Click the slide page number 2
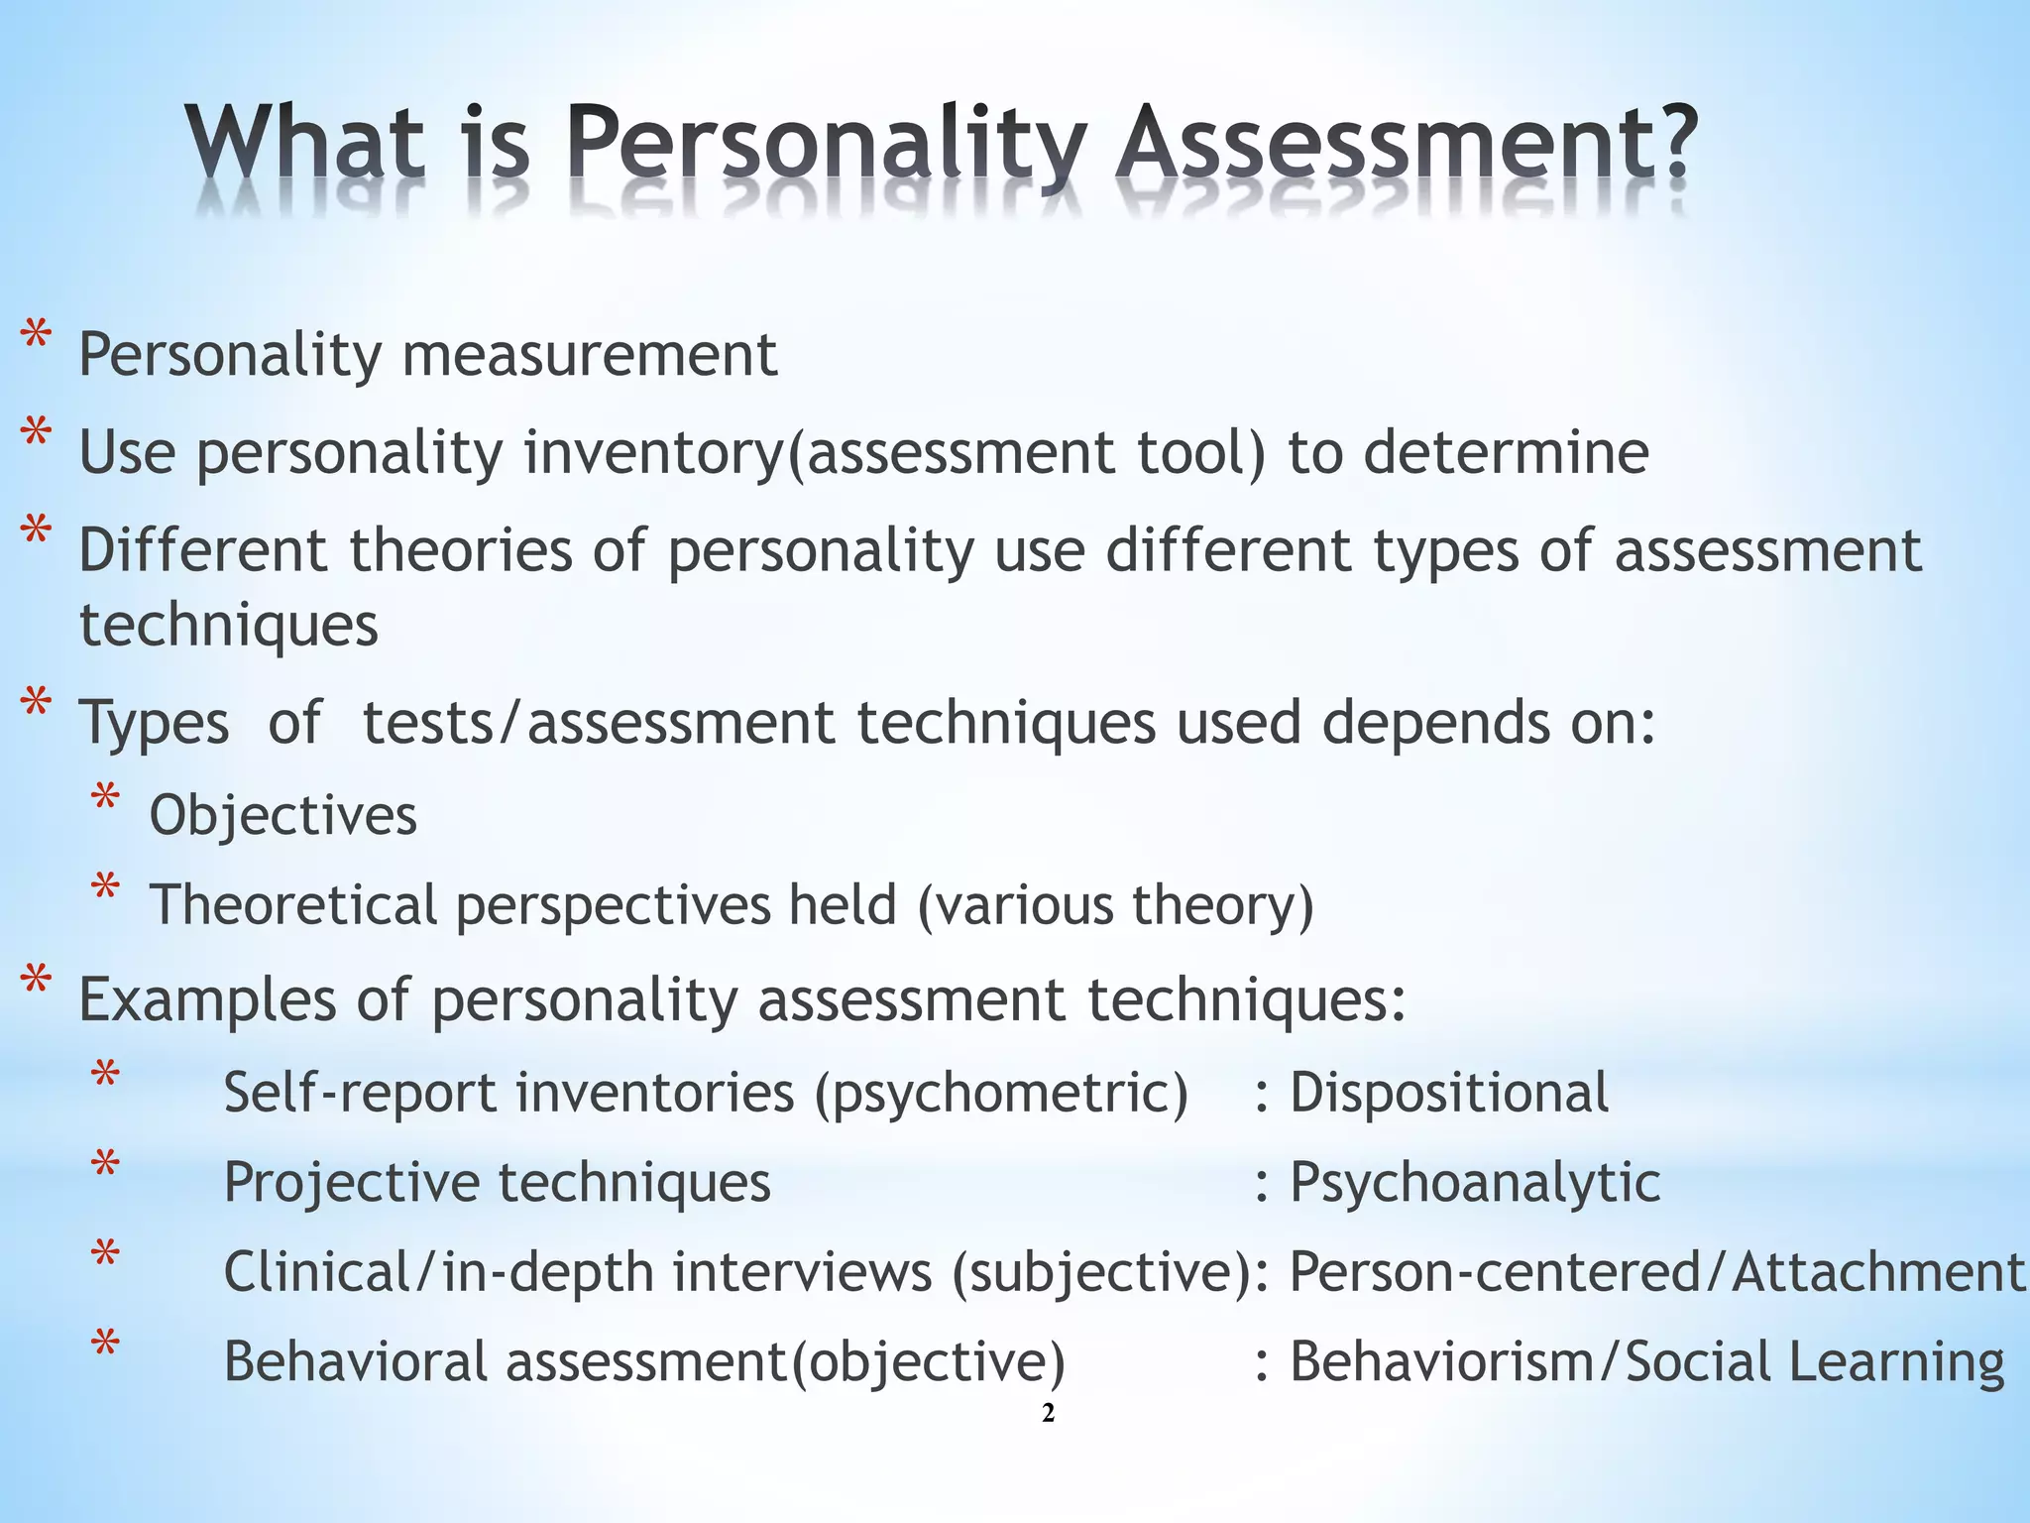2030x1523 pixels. point(1049,1414)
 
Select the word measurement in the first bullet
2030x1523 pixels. point(589,354)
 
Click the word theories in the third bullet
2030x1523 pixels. point(460,550)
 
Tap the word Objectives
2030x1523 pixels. point(282,816)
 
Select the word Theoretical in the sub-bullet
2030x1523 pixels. point(292,905)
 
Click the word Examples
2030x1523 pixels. point(207,999)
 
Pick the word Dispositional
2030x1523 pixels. point(1448,1093)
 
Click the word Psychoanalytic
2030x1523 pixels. point(1474,1183)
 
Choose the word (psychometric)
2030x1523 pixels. point(1001,1094)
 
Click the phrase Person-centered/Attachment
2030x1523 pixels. point(1655,1272)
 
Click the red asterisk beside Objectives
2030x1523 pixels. point(105,802)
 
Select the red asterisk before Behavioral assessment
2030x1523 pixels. point(105,1347)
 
